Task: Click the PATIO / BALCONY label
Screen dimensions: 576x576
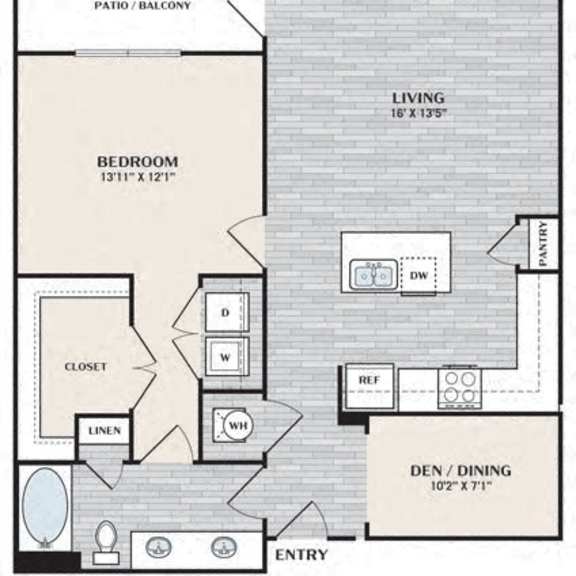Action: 143,6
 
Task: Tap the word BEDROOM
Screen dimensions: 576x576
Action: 138,162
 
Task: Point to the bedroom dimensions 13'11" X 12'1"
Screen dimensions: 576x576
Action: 138,177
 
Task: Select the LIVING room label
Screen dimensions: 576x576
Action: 419,98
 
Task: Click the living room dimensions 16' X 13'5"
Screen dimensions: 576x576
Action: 419,113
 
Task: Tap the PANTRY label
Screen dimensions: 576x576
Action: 543,244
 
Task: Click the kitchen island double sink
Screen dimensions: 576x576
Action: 373,274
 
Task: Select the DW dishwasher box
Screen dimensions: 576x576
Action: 419,276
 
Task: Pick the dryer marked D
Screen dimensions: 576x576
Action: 227,313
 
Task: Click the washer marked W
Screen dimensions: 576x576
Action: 227,357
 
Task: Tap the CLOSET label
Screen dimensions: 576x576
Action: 86,367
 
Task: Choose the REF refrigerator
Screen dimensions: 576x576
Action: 370,386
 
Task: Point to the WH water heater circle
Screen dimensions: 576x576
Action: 238,426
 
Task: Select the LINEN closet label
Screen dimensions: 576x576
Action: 105,431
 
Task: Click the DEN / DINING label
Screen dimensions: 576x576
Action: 461,471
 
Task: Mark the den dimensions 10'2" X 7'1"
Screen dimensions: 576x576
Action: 461,486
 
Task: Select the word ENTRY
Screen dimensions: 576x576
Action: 301,554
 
